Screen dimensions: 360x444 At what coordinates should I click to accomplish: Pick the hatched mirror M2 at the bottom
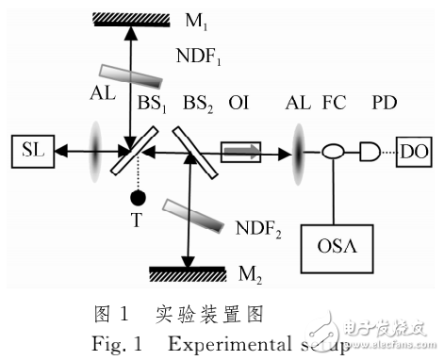click(x=189, y=273)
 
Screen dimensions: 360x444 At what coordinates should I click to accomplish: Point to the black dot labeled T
click(x=138, y=198)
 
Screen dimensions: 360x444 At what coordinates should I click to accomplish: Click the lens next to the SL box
click(x=94, y=149)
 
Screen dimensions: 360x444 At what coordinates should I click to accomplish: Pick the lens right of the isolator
click(x=297, y=149)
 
